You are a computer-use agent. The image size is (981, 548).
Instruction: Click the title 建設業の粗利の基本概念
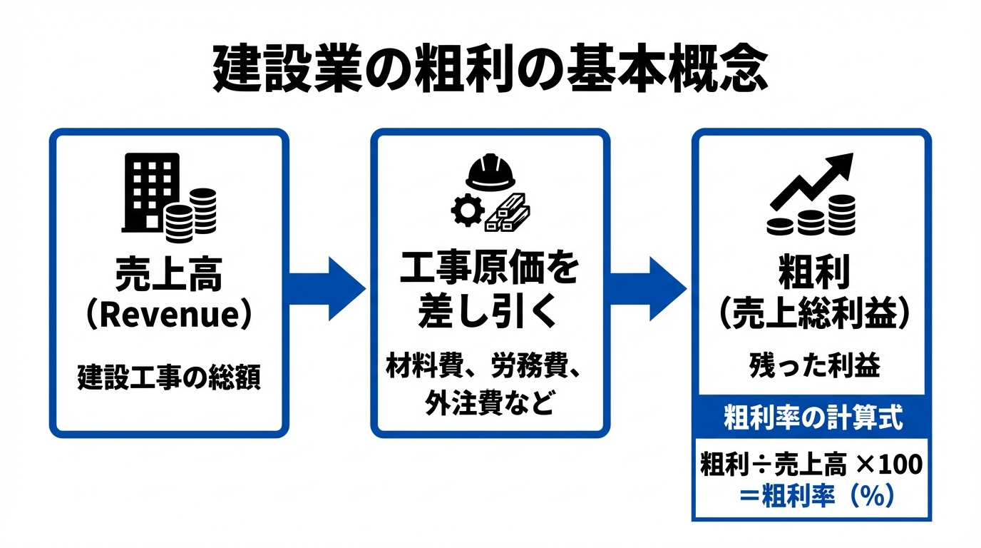point(490,69)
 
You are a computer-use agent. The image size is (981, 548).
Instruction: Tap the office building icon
point(150,193)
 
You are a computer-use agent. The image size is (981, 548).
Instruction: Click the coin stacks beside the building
point(190,216)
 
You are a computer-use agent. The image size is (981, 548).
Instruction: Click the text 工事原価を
point(490,272)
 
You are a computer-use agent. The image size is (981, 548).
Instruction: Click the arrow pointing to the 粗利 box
point(649,288)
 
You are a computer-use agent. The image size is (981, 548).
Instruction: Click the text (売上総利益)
point(812,314)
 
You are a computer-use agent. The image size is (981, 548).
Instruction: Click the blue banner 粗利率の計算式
point(812,418)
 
